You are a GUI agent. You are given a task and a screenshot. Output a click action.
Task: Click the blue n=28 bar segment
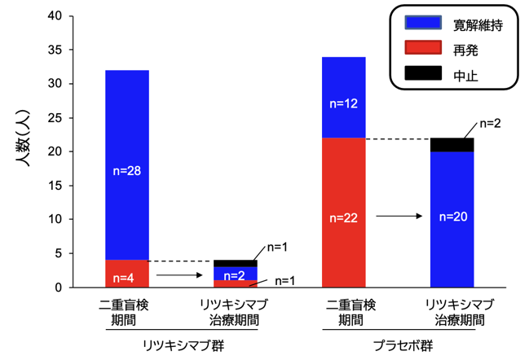click(127, 165)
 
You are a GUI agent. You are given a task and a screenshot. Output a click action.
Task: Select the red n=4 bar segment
click(127, 274)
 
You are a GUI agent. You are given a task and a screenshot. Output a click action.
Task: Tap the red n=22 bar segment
click(344, 213)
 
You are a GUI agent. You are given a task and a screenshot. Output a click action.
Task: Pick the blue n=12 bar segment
click(344, 98)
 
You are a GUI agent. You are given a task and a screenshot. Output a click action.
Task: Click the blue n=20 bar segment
click(452, 219)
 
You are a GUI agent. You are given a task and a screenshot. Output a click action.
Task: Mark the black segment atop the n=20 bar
click(452, 145)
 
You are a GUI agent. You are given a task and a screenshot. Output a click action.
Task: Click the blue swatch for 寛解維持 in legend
click(423, 23)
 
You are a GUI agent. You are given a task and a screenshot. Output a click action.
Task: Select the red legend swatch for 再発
click(423, 47)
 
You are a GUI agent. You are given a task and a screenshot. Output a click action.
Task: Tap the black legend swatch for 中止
click(423, 72)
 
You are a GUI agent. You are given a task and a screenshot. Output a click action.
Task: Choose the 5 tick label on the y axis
click(59, 253)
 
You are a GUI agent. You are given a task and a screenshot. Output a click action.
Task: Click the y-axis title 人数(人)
click(23, 138)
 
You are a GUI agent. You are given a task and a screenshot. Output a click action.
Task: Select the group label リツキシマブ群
click(183, 346)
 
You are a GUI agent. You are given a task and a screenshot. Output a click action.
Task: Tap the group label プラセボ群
click(403, 346)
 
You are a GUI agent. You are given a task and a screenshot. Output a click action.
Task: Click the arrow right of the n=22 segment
click(399, 216)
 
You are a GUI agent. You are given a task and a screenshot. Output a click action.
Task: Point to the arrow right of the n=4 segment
click(179, 275)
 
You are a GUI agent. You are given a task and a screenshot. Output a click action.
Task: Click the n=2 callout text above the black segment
click(490, 124)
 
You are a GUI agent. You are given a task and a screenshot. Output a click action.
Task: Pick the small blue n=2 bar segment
click(236, 274)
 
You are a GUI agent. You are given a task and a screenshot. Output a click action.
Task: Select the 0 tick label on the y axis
click(59, 288)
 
